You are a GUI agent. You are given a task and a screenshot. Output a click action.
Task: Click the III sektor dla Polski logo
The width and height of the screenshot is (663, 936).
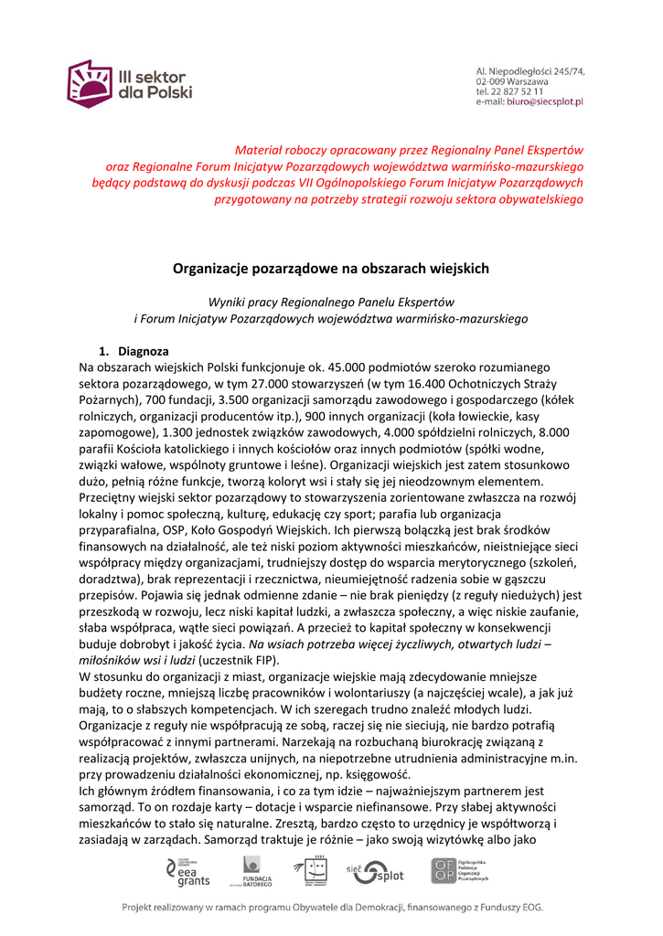(129, 83)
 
